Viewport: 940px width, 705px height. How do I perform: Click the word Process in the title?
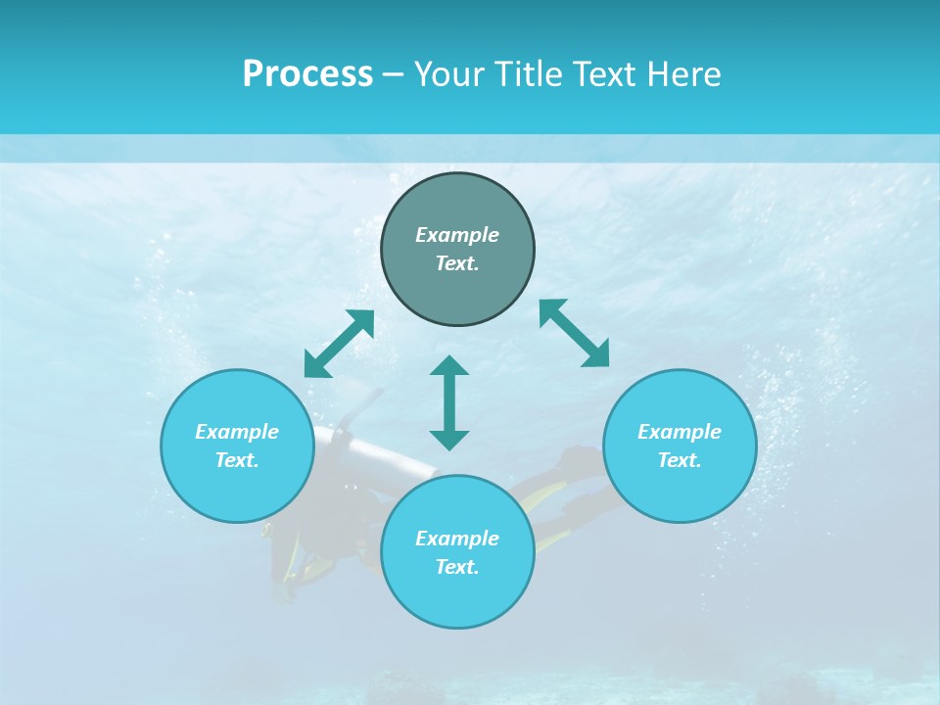point(307,73)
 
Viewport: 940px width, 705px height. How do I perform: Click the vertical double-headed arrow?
point(449,403)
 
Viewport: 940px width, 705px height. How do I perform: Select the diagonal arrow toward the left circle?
point(340,344)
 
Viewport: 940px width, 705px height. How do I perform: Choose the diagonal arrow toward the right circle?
point(575,333)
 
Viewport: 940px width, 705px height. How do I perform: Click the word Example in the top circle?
point(457,235)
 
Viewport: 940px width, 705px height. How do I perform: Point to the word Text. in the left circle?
point(237,460)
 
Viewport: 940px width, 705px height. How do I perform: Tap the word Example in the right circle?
point(680,432)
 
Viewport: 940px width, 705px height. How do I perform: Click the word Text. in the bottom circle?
point(457,567)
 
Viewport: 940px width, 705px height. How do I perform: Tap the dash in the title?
point(394,74)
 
